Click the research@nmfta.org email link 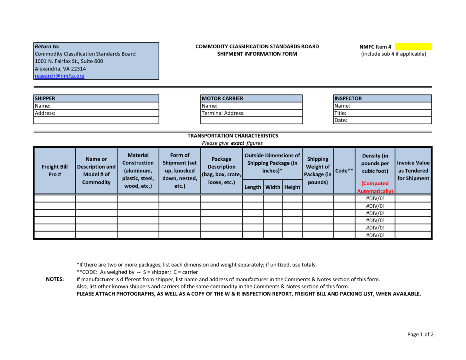(x=59, y=76)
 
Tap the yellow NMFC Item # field (x=413, y=47)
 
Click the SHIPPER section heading (x=45, y=98)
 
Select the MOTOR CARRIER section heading (x=222, y=98)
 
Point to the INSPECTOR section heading (x=348, y=98)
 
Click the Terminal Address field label (x=223, y=113)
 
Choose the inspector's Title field (x=382, y=113)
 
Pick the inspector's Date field (x=382, y=120)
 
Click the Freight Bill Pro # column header (x=55, y=171)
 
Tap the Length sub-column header (x=252, y=187)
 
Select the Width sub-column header (x=273, y=187)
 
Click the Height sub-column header (x=292, y=187)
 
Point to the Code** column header (x=344, y=171)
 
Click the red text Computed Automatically (x=375, y=187)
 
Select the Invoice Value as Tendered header (x=413, y=171)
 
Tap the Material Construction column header (x=138, y=171)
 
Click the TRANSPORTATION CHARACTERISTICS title (x=233, y=136)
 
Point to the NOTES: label (x=55, y=279)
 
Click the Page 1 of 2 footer (x=420, y=334)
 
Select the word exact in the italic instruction (x=238, y=143)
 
